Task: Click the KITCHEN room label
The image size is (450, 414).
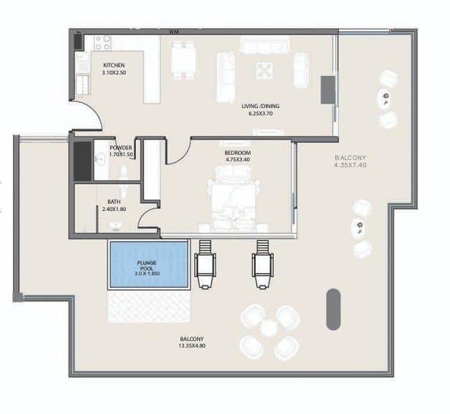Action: tap(115, 64)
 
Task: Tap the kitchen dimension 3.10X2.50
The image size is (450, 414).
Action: tap(115, 72)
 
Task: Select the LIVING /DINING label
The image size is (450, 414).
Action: tap(261, 106)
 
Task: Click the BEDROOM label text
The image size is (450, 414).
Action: tap(237, 153)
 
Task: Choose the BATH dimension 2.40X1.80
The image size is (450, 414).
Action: tap(114, 210)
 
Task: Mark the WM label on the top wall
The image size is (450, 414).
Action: tap(175, 32)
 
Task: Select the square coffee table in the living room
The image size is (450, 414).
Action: tap(264, 69)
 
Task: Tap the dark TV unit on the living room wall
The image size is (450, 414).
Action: tap(328, 89)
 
